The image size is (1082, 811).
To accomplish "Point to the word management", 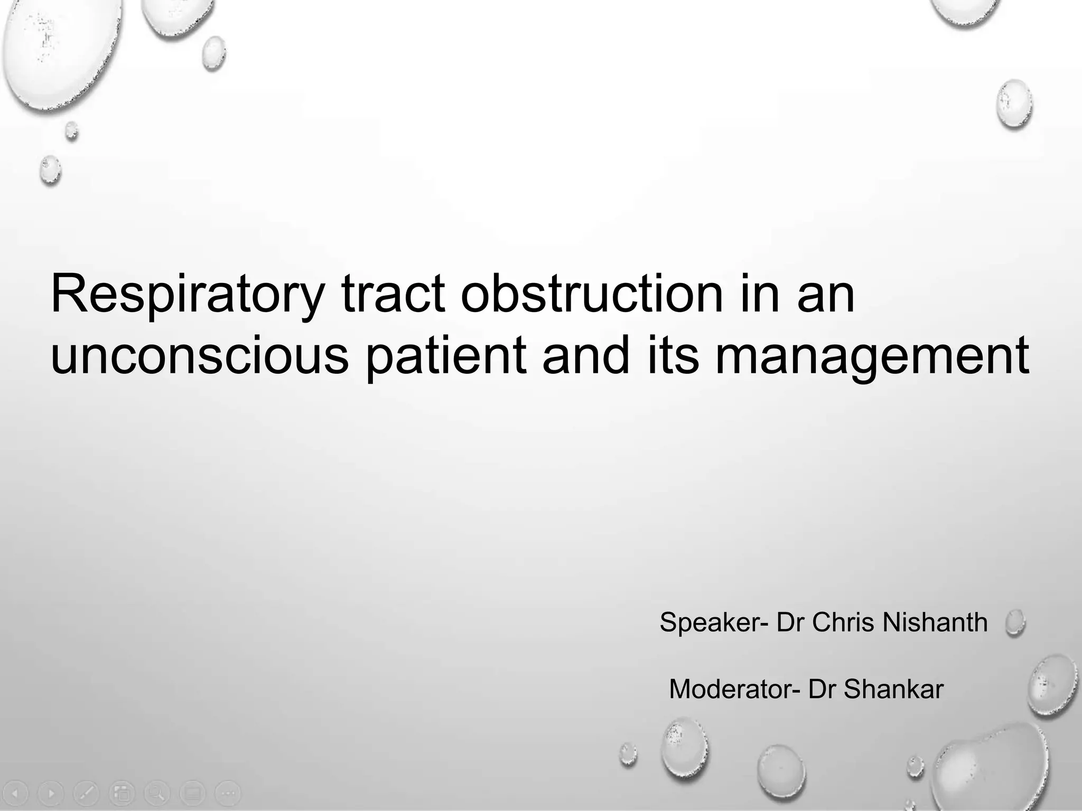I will click(x=872, y=356).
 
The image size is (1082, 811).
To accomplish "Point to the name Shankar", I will click(x=893, y=690).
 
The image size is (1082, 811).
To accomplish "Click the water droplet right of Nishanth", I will click(x=1015, y=623).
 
